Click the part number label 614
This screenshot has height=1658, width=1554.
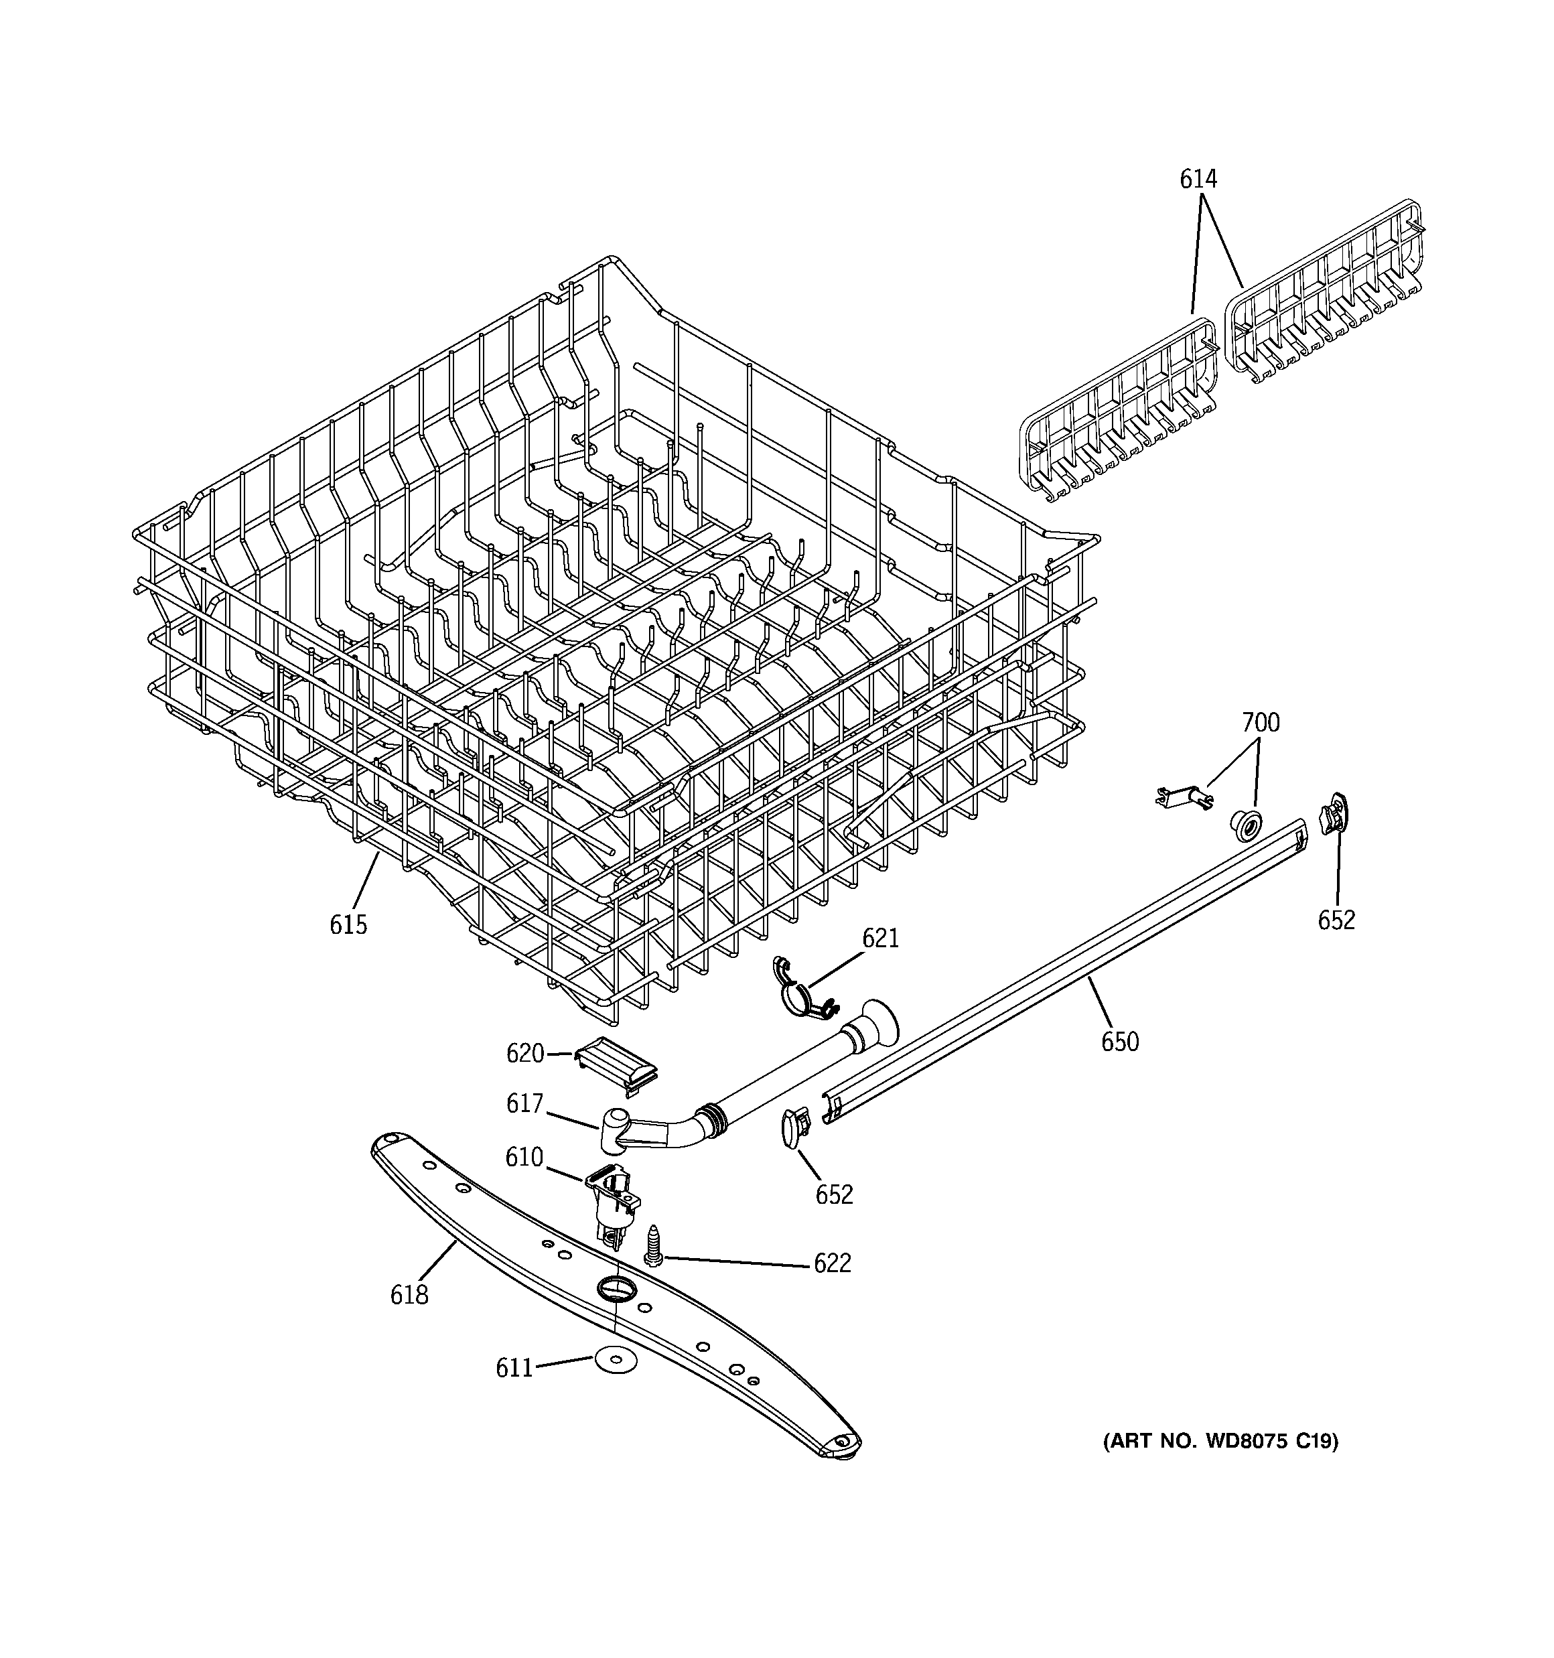(x=1198, y=178)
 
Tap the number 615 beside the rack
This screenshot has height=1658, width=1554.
(x=348, y=924)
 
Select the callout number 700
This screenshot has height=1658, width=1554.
(x=1261, y=722)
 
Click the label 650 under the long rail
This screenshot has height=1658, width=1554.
(x=1119, y=1042)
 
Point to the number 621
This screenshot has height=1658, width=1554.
(x=880, y=939)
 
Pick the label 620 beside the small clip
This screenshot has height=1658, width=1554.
(x=524, y=1053)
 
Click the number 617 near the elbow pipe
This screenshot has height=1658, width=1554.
(x=524, y=1103)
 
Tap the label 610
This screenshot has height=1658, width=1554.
(x=524, y=1158)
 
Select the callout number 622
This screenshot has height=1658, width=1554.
(x=833, y=1263)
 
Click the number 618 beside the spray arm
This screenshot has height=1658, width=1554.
(x=409, y=1295)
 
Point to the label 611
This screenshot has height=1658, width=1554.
(x=514, y=1369)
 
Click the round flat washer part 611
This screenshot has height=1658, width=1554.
(x=615, y=1362)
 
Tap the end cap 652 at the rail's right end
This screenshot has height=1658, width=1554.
(x=1333, y=811)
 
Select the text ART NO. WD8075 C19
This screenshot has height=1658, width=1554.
(x=1220, y=1441)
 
